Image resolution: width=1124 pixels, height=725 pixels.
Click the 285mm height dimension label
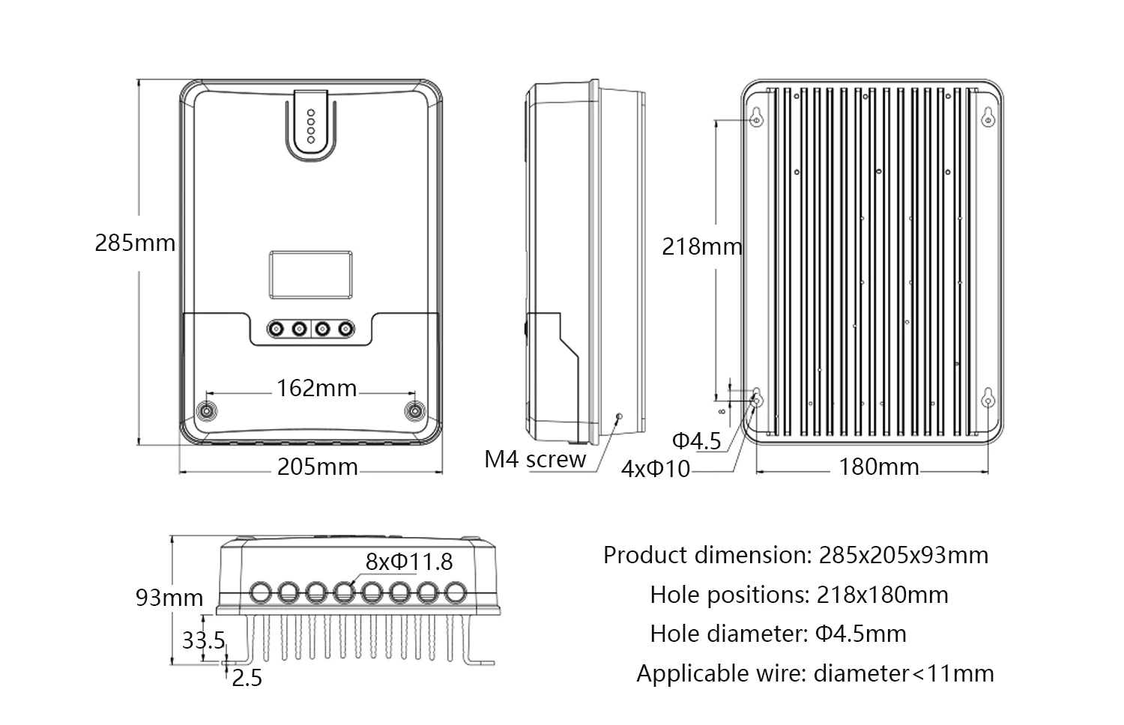[x=135, y=243]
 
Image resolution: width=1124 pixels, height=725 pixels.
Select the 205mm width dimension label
[x=317, y=467]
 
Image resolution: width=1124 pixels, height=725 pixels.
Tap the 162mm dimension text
[x=316, y=389]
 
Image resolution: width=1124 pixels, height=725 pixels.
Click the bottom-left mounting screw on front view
[x=205, y=411]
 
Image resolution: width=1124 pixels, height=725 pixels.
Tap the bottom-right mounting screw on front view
[x=414, y=410]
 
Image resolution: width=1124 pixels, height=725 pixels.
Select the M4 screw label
[x=535, y=459]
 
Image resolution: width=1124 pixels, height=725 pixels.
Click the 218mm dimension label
[x=701, y=246]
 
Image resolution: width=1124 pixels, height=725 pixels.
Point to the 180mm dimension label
[x=878, y=467]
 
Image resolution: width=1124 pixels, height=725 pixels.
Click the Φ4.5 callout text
[x=696, y=441]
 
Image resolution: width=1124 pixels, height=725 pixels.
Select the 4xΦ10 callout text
[x=656, y=470]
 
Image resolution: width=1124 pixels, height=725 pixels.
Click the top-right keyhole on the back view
[x=988, y=118]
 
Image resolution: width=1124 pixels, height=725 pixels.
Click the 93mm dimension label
[x=169, y=598]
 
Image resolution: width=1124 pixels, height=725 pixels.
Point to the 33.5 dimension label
[x=203, y=640]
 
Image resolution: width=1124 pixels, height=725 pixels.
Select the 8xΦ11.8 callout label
[x=409, y=561]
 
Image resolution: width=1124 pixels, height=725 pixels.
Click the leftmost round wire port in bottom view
[x=260, y=592]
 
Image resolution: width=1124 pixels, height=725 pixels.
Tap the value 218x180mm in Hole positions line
[x=882, y=595]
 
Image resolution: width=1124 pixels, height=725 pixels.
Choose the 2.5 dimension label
[x=247, y=679]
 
